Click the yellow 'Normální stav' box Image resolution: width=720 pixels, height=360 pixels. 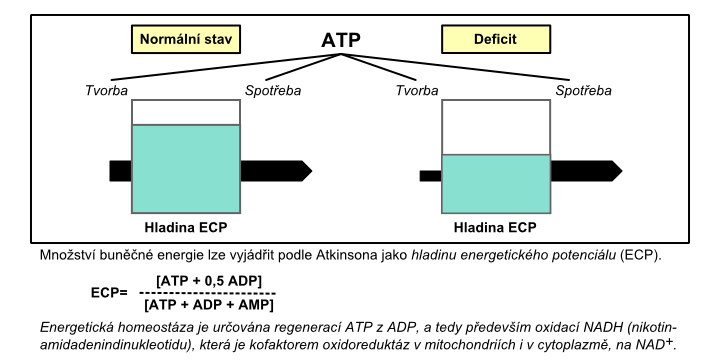(x=186, y=39)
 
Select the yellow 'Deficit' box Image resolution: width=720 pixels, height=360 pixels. (x=496, y=39)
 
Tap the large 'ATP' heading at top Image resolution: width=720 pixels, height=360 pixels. (x=341, y=40)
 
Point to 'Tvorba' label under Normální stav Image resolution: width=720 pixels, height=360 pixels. (x=107, y=91)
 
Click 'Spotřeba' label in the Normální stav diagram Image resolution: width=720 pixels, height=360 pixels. (x=273, y=91)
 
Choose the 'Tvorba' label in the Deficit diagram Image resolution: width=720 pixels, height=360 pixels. (x=417, y=91)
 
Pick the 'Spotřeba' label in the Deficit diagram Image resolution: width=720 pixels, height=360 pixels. (x=584, y=91)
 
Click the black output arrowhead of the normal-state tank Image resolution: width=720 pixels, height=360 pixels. (x=307, y=171)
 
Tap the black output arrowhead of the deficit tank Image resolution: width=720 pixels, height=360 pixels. (x=617, y=171)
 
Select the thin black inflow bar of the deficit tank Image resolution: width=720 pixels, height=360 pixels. (x=431, y=176)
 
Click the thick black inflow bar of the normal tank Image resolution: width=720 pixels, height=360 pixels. (x=121, y=171)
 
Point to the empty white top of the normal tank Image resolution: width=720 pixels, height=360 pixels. (x=186, y=112)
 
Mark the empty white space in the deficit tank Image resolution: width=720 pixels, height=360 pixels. (x=496, y=127)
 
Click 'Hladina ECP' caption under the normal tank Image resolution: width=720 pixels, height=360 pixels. (x=186, y=228)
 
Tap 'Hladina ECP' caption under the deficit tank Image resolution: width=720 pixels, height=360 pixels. (x=495, y=228)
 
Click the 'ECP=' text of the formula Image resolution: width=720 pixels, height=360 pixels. (x=109, y=293)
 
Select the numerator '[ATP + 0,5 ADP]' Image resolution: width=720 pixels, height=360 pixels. (x=209, y=281)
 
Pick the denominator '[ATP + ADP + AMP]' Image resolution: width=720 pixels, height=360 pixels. (x=208, y=304)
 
